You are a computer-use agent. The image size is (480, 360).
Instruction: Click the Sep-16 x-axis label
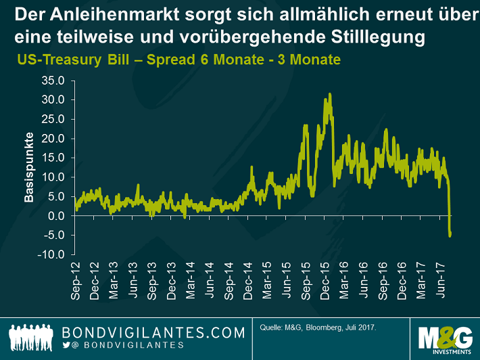tap(383, 282)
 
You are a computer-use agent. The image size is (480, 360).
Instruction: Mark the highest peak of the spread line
tap(329, 94)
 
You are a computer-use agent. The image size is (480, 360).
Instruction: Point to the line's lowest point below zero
tap(450, 235)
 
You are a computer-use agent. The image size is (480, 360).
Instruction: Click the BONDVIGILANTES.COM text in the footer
tap(153, 332)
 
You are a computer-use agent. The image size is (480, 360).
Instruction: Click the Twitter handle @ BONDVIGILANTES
tap(128, 345)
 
